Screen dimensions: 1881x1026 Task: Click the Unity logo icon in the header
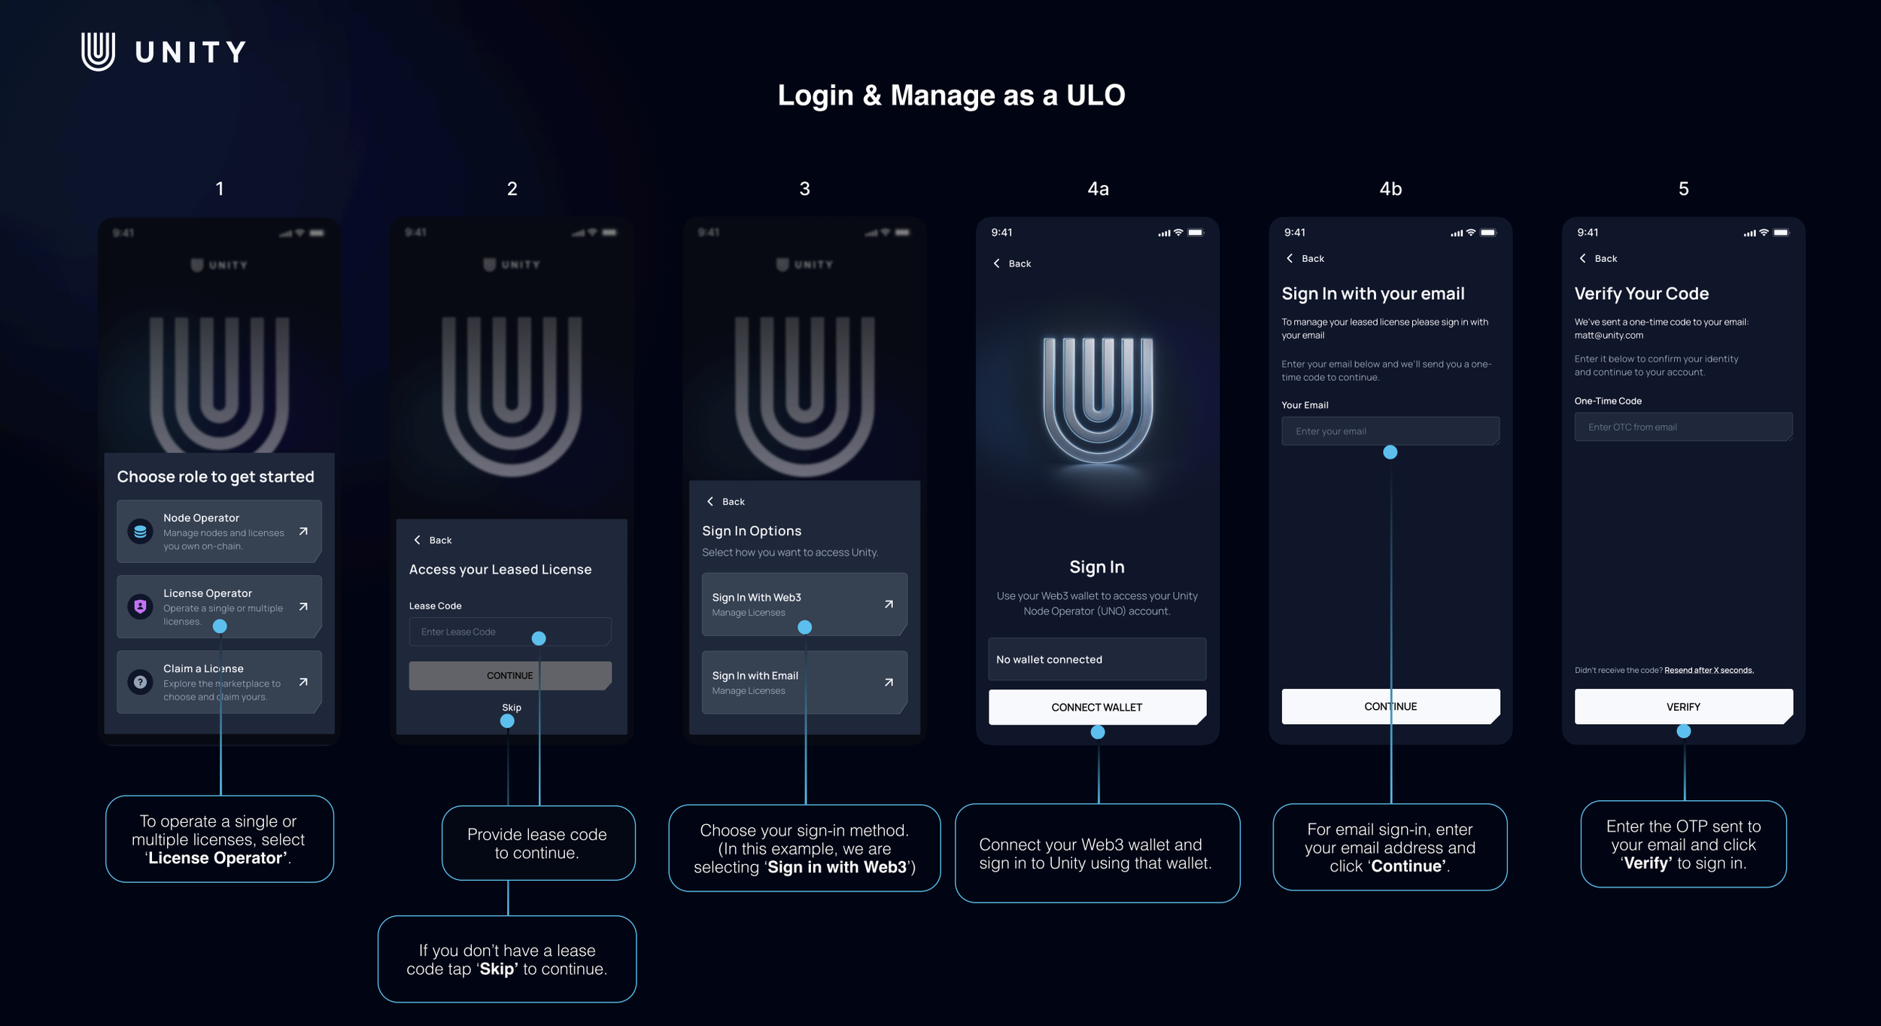pyautogui.click(x=98, y=51)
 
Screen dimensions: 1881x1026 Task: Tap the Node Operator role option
pyautogui.click(x=219, y=531)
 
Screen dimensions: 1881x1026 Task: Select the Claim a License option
pyautogui.click(x=219, y=682)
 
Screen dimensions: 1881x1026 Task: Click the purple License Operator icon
pyautogui.click(x=140, y=606)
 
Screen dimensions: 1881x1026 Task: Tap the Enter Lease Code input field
pyautogui.click(x=509, y=632)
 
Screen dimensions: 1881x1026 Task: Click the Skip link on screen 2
pyautogui.click(x=512, y=708)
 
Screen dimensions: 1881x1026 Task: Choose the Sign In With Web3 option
pyautogui.click(x=804, y=604)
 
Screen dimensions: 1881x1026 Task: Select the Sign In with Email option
pyautogui.click(x=804, y=683)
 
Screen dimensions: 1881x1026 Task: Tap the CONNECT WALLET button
pyautogui.click(x=1096, y=708)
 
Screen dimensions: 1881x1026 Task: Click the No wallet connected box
pyautogui.click(x=1096, y=659)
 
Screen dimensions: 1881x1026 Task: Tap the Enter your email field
pyautogui.click(x=1390, y=431)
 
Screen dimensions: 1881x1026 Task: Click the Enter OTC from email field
pyautogui.click(x=1682, y=427)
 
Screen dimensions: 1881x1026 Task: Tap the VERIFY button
pyautogui.click(x=1682, y=707)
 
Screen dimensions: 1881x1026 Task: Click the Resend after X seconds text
pyautogui.click(x=1708, y=670)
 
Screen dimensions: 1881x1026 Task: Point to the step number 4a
pyautogui.click(x=1098, y=189)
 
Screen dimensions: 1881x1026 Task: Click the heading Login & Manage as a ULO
pyautogui.click(x=951, y=96)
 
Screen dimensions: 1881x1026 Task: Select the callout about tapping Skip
pyautogui.click(x=506, y=959)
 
